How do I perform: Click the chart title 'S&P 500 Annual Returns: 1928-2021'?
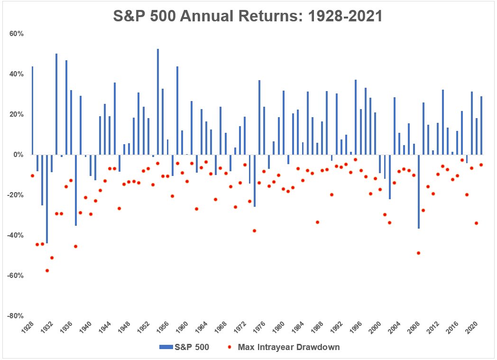click(248, 16)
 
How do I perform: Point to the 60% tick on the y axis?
click(17, 34)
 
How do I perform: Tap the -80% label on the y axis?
click(16, 316)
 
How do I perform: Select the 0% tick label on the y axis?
click(18, 155)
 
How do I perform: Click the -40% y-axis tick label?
click(16, 235)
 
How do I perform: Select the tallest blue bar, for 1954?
click(158, 102)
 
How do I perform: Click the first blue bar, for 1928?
click(32, 111)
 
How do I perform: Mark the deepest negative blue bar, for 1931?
click(47, 199)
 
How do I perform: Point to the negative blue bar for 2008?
click(418, 192)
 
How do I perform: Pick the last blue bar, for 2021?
click(481, 126)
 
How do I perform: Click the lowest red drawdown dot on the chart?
click(47, 271)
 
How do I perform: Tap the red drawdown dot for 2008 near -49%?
click(418, 253)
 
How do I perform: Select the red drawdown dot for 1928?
click(32, 176)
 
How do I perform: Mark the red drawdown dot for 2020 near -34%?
click(476, 223)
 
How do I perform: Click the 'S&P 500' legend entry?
click(184, 347)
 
